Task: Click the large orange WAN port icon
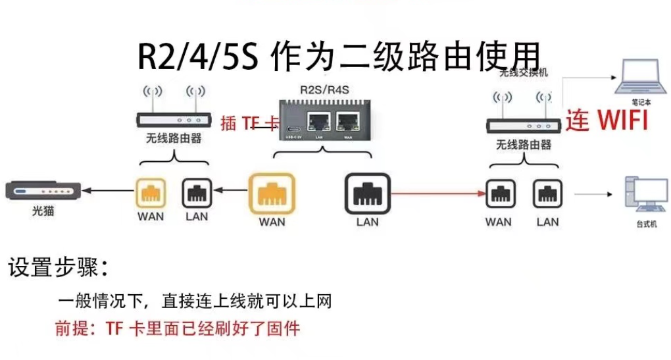[272, 193]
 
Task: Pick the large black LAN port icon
[367, 193]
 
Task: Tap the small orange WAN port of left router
[151, 193]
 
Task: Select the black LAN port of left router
[197, 193]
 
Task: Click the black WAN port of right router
[501, 194]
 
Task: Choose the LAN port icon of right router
[547, 194]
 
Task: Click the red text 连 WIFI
[607, 120]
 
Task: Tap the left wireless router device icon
[174, 119]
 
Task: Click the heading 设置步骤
[57, 269]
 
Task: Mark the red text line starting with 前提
[178, 328]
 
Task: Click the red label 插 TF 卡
[249, 122]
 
